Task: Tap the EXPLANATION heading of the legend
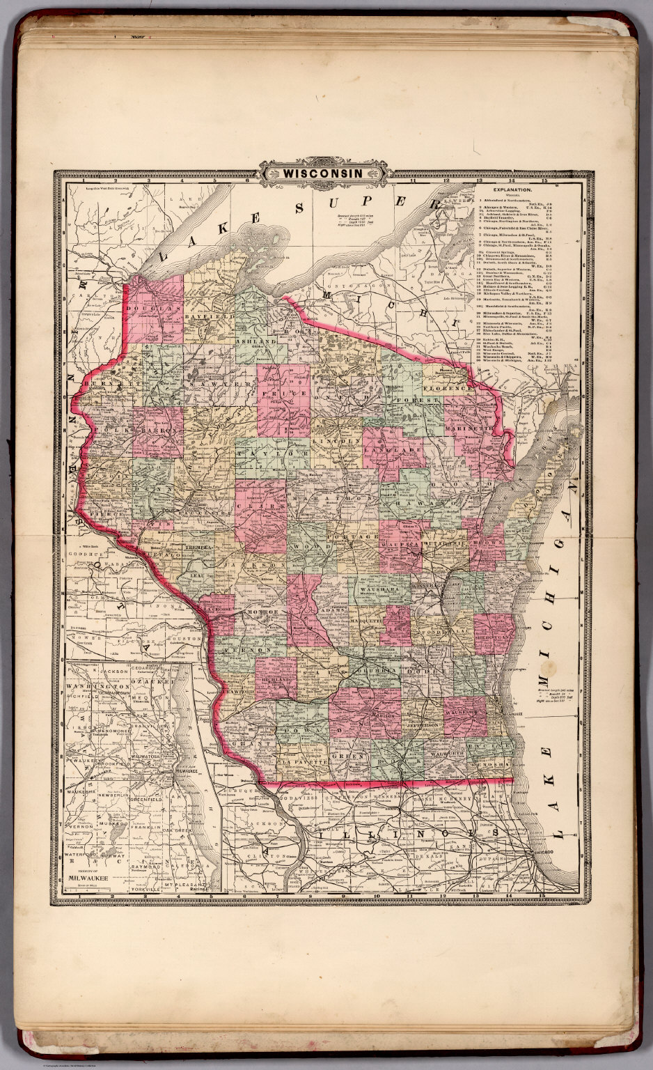[x=512, y=189]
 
